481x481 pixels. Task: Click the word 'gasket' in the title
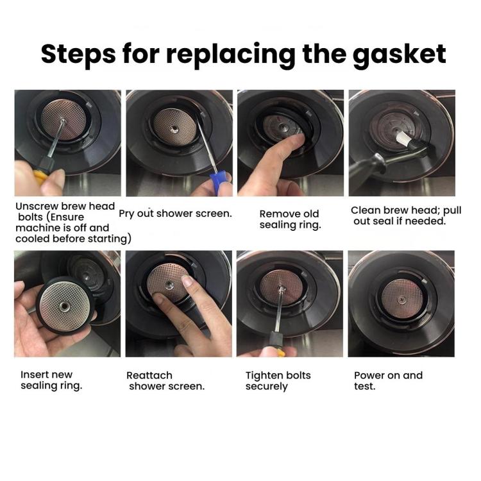pyautogui.click(x=399, y=54)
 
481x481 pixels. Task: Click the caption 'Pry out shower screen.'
pyautogui.click(x=175, y=213)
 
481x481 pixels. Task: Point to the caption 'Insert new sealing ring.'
pyautogui.click(x=51, y=380)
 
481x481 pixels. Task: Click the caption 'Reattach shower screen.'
pyautogui.click(x=166, y=380)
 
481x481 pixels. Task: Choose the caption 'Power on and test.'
pyautogui.click(x=388, y=380)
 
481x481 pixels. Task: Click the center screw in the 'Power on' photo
pyautogui.click(x=401, y=299)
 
